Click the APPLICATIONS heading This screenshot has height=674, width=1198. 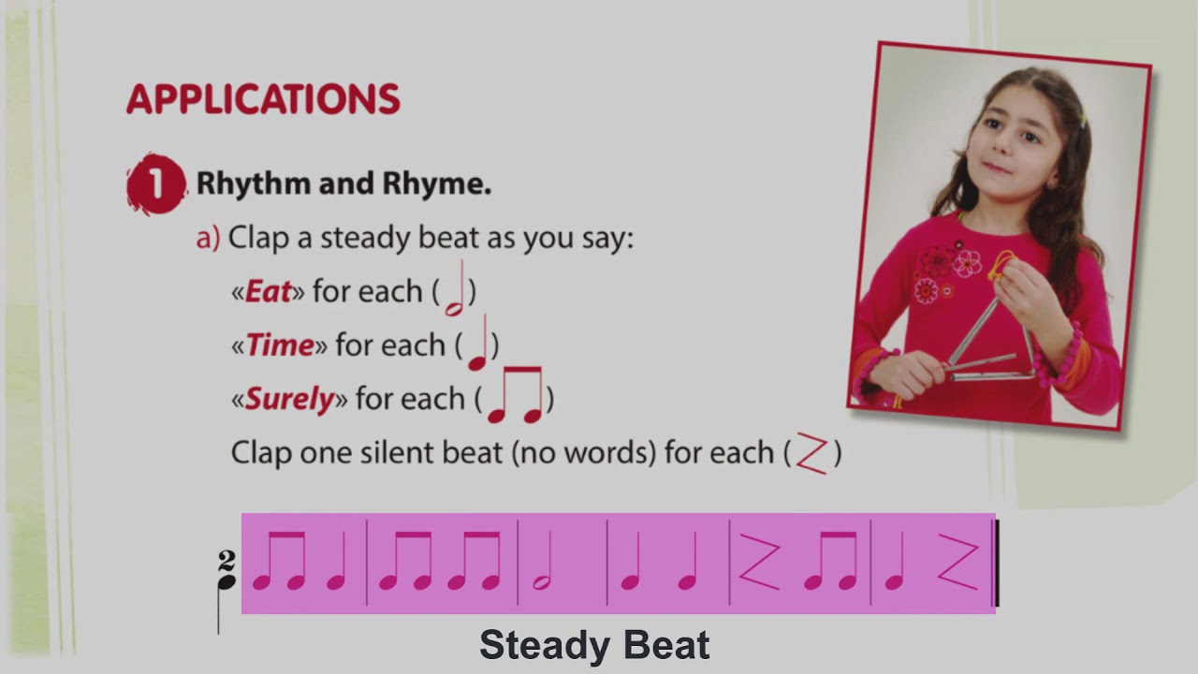coord(263,99)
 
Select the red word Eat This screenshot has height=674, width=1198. coord(268,292)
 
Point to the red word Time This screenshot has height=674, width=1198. coord(279,345)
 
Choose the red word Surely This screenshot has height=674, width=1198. coord(289,400)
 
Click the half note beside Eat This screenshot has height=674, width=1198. coord(456,292)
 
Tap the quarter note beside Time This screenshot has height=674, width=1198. coord(478,344)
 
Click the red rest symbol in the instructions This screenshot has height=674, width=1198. coord(811,454)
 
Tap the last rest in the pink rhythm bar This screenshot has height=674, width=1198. coord(957,564)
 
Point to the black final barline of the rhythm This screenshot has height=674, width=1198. coord(996,564)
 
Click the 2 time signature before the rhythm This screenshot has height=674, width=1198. coord(226,560)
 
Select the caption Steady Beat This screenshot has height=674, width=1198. coord(594,646)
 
